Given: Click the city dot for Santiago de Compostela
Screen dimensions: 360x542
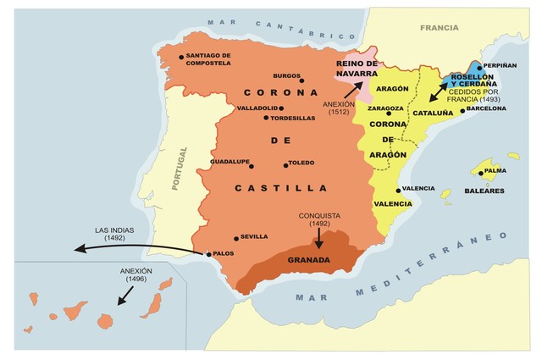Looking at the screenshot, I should (181, 58).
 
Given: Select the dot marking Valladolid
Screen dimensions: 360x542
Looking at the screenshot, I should (281, 108).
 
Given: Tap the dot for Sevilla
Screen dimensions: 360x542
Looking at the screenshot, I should (236, 238).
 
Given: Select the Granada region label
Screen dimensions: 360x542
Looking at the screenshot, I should (308, 260).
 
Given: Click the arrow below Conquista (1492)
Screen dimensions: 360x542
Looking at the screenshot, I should (318, 240).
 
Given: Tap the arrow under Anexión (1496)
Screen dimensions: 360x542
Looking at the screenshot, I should (125, 295).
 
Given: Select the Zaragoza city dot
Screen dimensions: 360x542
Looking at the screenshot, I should (389, 114).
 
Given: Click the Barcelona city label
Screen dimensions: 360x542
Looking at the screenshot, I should (486, 108).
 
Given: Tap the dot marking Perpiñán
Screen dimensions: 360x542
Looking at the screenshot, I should (478, 66).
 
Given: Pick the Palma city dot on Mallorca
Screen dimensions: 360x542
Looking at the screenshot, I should (481, 174).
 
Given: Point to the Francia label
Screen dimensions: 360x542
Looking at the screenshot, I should (438, 27).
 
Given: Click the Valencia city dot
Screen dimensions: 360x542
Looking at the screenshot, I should (397, 190).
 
